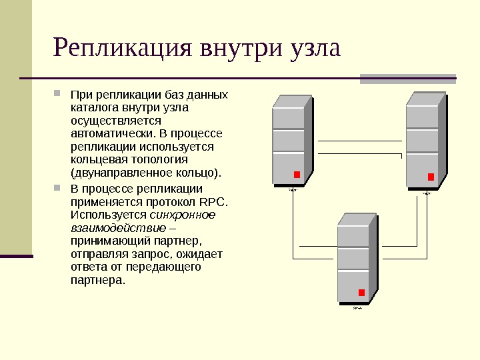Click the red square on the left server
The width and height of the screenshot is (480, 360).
pyautogui.click(x=297, y=175)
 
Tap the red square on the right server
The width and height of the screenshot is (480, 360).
pyautogui.click(x=431, y=177)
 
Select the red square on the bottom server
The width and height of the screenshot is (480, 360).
pyautogui.click(x=361, y=293)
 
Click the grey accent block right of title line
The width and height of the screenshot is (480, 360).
pyautogui.click(x=407, y=79)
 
